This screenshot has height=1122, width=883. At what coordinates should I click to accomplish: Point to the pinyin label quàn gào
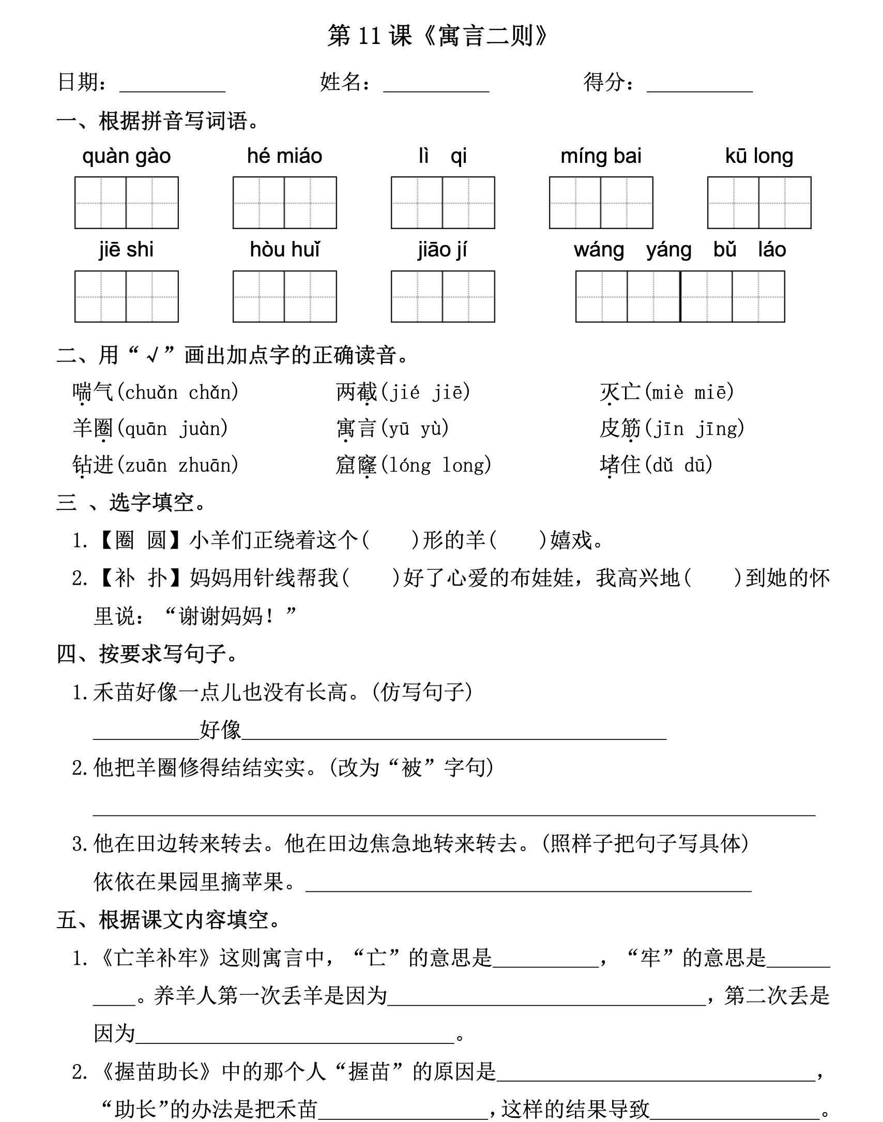[127, 156]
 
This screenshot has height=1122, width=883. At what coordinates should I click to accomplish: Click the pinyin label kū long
[759, 156]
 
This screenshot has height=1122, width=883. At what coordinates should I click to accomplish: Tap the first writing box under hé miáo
[258, 203]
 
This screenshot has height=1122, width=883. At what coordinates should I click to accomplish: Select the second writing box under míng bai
[627, 203]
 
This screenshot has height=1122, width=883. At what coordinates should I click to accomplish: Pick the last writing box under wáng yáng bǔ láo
[758, 297]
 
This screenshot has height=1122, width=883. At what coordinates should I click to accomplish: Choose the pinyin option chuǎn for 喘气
[151, 392]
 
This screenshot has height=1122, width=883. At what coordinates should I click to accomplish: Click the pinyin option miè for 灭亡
[667, 392]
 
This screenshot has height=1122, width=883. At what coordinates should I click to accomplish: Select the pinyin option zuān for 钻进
[146, 465]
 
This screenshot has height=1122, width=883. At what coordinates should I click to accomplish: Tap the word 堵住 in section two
[620, 465]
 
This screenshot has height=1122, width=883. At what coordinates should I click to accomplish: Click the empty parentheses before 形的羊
[390, 540]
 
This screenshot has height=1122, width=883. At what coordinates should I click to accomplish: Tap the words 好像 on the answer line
[220, 730]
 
